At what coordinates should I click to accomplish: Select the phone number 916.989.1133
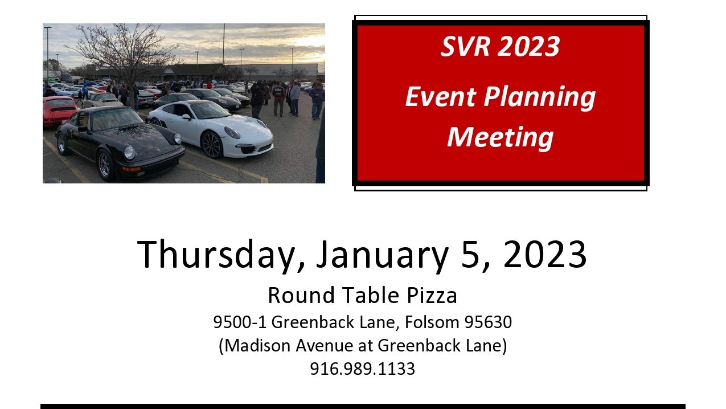(362, 369)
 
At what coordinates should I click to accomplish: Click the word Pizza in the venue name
(432, 296)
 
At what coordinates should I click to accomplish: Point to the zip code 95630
(488, 322)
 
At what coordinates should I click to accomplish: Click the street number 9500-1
(240, 322)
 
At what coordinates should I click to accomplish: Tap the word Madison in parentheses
(256, 345)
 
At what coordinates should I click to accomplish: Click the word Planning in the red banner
(540, 97)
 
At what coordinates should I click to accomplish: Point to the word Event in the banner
(441, 97)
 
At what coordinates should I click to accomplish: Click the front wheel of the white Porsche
(212, 145)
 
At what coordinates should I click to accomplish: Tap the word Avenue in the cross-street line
(324, 345)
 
